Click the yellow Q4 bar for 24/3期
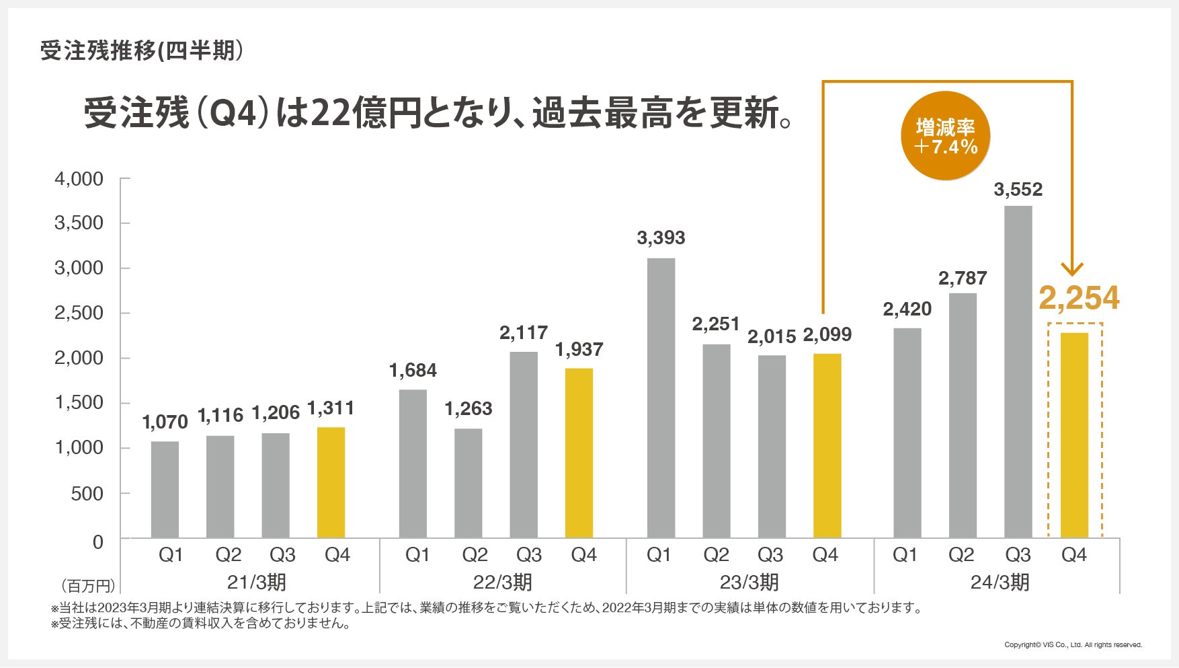(1074, 435)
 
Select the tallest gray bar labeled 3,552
(1018, 372)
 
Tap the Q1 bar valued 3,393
(661, 398)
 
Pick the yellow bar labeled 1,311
(331, 482)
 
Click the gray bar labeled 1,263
(469, 483)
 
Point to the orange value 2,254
(1079, 298)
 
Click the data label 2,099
(827, 334)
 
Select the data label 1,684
(413, 370)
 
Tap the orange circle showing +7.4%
(945, 136)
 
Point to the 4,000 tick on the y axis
(79, 179)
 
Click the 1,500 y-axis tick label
(79, 402)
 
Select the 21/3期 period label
(256, 582)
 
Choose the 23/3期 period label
(749, 582)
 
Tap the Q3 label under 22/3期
(529, 555)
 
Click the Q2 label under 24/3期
(961, 555)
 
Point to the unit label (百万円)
(87, 585)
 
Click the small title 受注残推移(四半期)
(141, 51)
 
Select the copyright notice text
(1073, 644)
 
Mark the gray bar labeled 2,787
(963, 415)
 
